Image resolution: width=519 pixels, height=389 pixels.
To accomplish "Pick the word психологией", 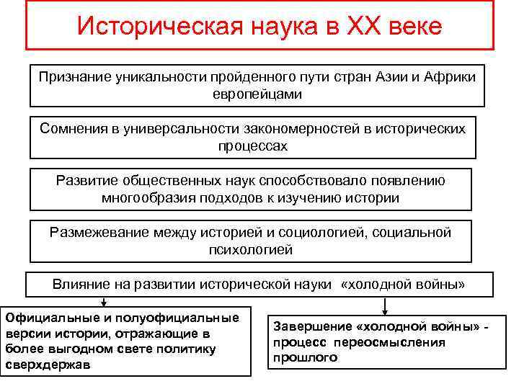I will point(250,249).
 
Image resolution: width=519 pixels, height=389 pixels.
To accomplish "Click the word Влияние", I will point(79,284).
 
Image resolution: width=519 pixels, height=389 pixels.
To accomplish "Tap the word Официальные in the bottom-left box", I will point(50,317).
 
